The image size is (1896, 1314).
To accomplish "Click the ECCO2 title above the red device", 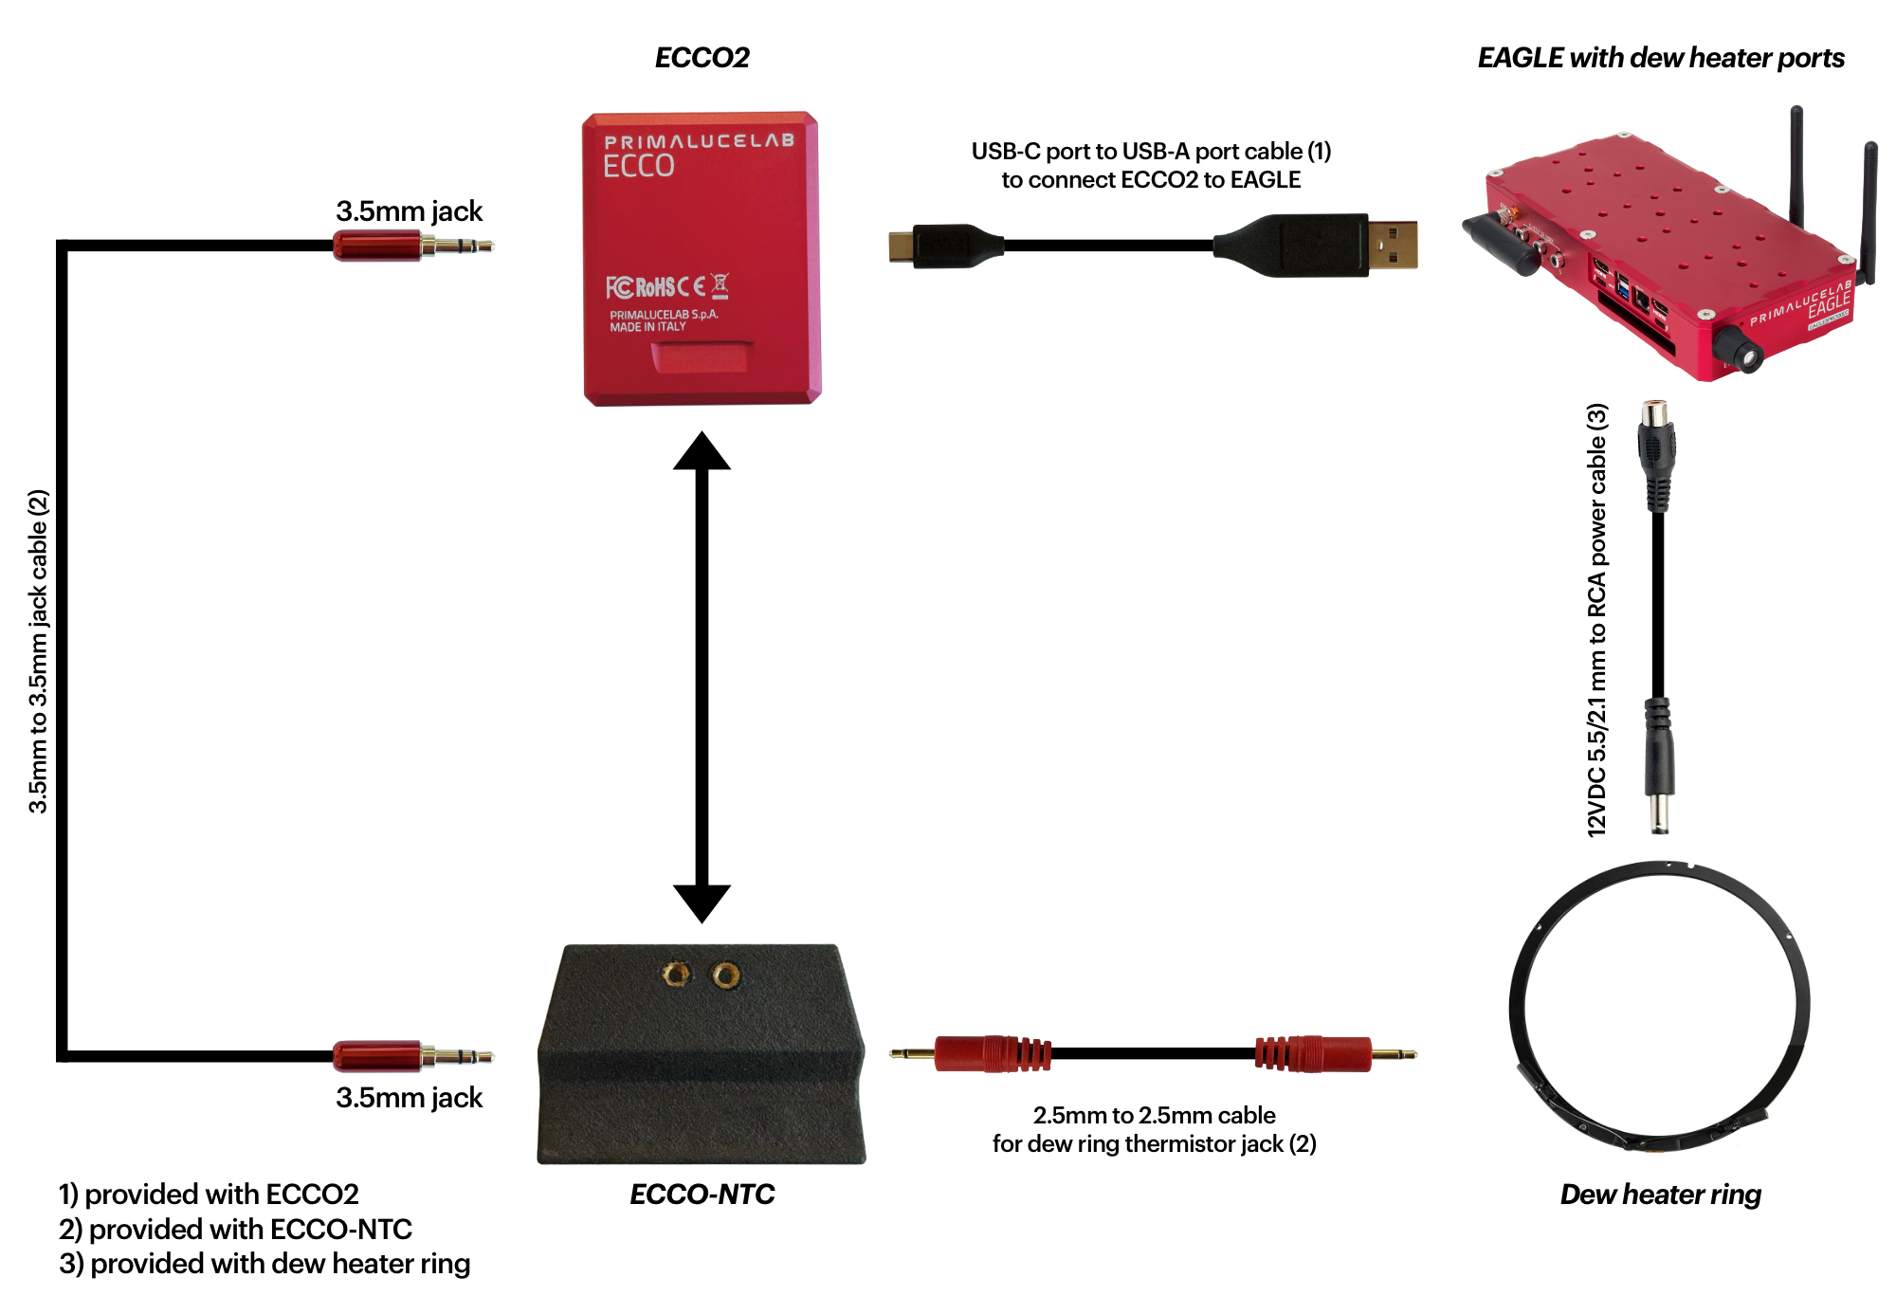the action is click(x=702, y=58).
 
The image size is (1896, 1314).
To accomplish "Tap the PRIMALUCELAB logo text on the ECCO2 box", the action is click(x=700, y=141).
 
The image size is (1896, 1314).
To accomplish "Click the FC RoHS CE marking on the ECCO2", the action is click(x=667, y=286).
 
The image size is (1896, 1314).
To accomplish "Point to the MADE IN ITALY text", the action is click(x=647, y=327).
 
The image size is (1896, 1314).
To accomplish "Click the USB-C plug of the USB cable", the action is click(x=945, y=246).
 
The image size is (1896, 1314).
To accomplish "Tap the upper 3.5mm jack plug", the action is click(x=413, y=246).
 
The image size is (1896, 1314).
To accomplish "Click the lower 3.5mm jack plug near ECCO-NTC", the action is click(x=413, y=1055).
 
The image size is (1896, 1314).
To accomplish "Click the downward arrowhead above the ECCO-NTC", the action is click(x=702, y=903).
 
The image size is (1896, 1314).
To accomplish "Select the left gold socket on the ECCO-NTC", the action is click(x=676, y=974).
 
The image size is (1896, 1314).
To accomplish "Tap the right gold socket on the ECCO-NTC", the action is click(x=726, y=974).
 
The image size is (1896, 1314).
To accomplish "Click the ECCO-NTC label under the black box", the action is click(x=702, y=1194).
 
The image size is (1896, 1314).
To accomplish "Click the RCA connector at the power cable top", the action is click(x=1656, y=456).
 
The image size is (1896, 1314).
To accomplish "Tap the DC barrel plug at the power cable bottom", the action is click(x=1658, y=767).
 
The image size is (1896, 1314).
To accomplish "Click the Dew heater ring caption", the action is click(x=1661, y=1194).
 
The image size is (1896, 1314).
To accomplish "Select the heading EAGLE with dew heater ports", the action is click(x=1661, y=58).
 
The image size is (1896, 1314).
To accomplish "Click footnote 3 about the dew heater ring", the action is click(x=264, y=1264).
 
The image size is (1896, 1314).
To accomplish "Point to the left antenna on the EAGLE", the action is click(x=1796, y=166).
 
